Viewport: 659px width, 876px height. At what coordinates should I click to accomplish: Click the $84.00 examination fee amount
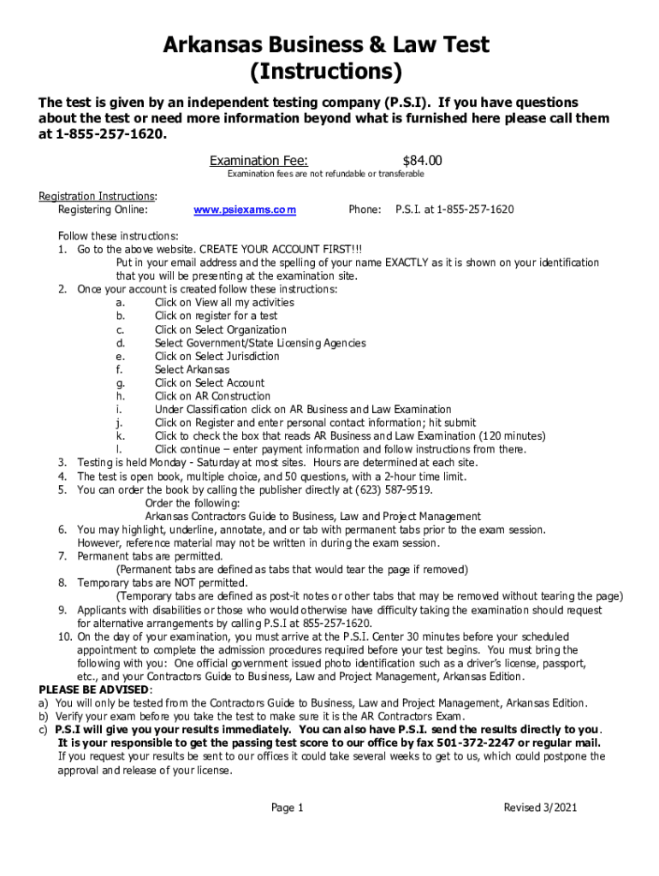coord(422,161)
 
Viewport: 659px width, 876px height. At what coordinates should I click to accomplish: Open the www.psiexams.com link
coord(245,210)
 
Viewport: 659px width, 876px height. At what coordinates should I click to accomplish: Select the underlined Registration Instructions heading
coord(96,196)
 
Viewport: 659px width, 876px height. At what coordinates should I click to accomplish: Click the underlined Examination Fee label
coord(259,161)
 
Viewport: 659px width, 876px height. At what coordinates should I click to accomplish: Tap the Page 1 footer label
coord(287,808)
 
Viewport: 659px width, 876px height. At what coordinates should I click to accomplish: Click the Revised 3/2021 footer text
coord(535,808)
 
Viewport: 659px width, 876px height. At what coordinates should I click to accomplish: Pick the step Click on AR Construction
coord(212,396)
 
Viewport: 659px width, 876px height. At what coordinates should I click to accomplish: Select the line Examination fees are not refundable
coord(325,175)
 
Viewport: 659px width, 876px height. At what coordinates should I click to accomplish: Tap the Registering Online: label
coord(103,210)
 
